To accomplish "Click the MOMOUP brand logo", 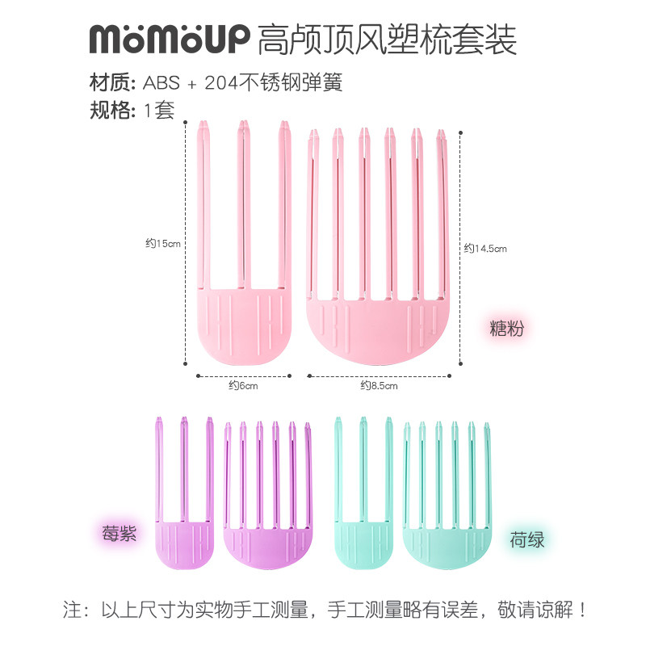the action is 169,38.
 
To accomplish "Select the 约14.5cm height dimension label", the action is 485,249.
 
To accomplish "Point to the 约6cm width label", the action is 242,386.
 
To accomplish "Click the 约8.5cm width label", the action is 380,386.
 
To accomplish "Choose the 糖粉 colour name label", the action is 508,328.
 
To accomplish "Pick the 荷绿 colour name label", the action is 527,539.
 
